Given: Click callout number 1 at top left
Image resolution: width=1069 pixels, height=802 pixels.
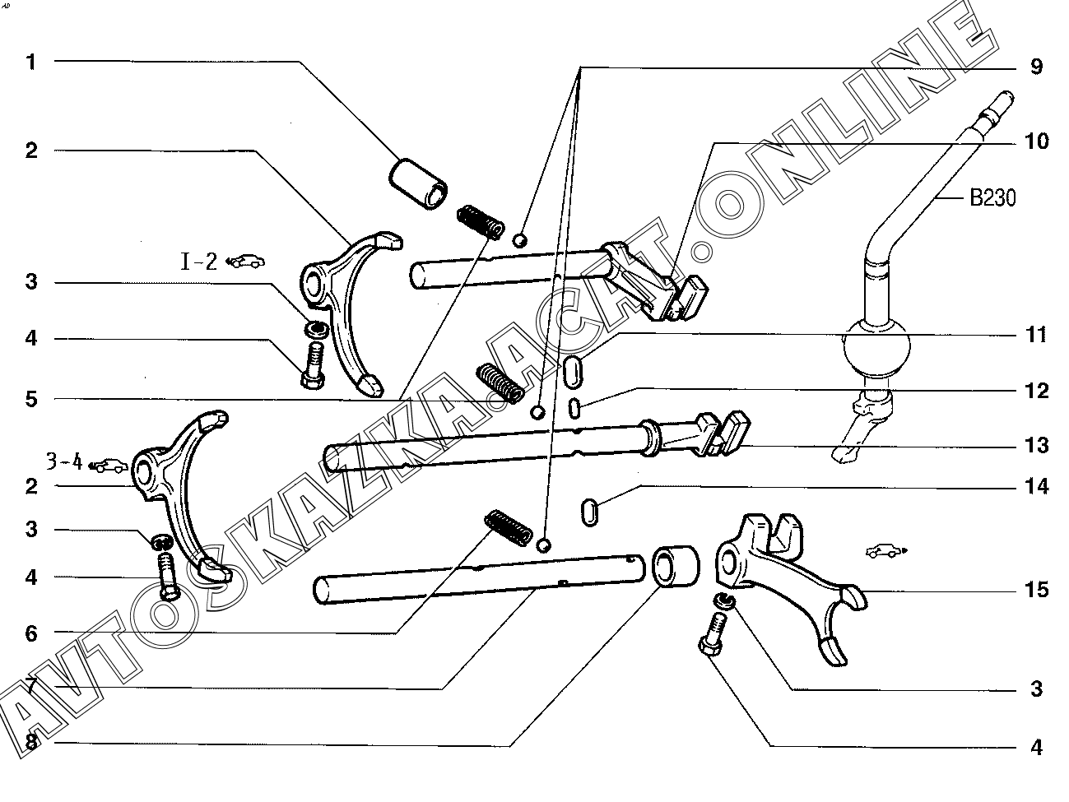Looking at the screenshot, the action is (x=31, y=63).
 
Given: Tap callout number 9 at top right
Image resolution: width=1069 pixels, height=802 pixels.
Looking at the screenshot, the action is (x=1036, y=67).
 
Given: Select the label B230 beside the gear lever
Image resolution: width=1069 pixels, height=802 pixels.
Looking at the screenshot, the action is (x=992, y=197).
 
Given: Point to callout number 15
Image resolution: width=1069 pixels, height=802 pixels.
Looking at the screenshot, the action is (x=1036, y=590).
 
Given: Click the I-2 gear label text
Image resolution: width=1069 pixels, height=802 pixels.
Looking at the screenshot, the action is (x=199, y=262).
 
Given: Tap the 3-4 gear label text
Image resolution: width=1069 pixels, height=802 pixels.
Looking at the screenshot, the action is (x=64, y=461).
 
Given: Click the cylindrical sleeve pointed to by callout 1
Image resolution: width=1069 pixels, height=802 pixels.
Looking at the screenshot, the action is (x=418, y=183).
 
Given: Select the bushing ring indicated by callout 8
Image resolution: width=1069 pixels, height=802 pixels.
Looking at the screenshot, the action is (x=676, y=567).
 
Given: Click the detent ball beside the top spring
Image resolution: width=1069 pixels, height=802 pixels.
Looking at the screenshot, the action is (x=519, y=240).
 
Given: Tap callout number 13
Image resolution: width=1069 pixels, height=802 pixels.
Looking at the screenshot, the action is (x=1036, y=445).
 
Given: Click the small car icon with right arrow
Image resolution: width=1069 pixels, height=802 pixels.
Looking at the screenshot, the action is (x=886, y=551).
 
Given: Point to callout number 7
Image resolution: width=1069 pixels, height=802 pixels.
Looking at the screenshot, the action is (x=31, y=686).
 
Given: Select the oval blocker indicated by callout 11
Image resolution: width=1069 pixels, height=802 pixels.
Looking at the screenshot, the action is (x=573, y=373).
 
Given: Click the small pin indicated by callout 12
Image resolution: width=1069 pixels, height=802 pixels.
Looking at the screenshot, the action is (x=574, y=408).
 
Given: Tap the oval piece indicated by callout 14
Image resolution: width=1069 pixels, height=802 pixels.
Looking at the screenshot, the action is (x=590, y=512).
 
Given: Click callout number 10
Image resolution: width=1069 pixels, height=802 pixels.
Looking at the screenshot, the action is (x=1036, y=141).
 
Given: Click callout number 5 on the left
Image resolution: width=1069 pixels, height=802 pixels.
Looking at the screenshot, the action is (x=31, y=400).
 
